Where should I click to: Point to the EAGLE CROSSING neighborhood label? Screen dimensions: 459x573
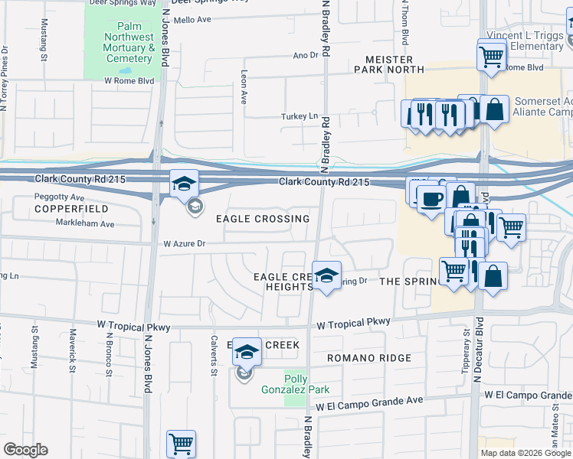pyautogui.click(x=262, y=219)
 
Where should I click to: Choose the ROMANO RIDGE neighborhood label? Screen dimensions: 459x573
pyautogui.click(x=369, y=358)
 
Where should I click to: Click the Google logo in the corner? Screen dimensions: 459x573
pyautogui.click(x=25, y=450)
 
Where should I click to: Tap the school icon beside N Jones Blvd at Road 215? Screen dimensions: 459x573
pyautogui.click(x=185, y=184)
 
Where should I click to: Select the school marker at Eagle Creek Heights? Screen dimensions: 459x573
pyautogui.click(x=326, y=276)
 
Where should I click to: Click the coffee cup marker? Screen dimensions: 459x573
pyautogui.click(x=430, y=199)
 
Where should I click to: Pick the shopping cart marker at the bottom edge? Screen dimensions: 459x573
pyautogui.click(x=181, y=444)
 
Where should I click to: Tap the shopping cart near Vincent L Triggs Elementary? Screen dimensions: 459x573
pyautogui.click(x=491, y=55)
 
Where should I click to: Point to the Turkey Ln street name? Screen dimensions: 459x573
pyautogui.click(x=302, y=116)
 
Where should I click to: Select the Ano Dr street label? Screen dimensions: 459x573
pyautogui.click(x=305, y=55)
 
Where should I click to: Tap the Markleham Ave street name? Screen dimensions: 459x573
pyautogui.click(x=85, y=224)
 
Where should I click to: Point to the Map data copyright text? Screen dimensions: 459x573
pyautogui.click(x=525, y=453)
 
